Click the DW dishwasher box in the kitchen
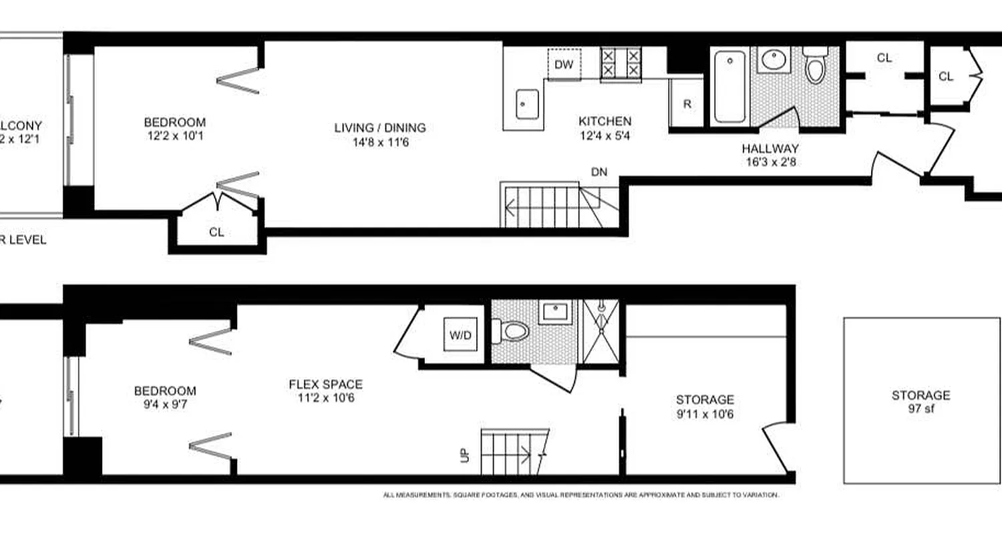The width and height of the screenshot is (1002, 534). coord(564,65)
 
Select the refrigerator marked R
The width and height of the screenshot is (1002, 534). coord(687,103)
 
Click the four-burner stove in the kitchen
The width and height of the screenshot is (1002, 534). coord(620,64)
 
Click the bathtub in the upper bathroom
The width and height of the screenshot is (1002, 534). coord(729,87)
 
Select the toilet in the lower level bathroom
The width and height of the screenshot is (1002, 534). coord(512,330)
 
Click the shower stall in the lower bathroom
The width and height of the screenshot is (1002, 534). coord(601,331)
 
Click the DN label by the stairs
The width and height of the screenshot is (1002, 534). coord(599,172)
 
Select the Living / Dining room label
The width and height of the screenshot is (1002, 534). coord(380,127)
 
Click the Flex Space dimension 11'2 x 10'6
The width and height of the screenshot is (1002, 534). coord(325,398)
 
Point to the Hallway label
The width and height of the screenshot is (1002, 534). coord(770,148)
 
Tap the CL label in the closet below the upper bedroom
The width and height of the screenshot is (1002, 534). coord(216,232)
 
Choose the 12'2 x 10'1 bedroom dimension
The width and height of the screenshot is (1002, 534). coord(174,136)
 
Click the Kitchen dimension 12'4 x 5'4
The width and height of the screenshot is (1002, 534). coord(605,135)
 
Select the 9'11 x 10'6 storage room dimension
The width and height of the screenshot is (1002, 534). coord(705,414)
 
